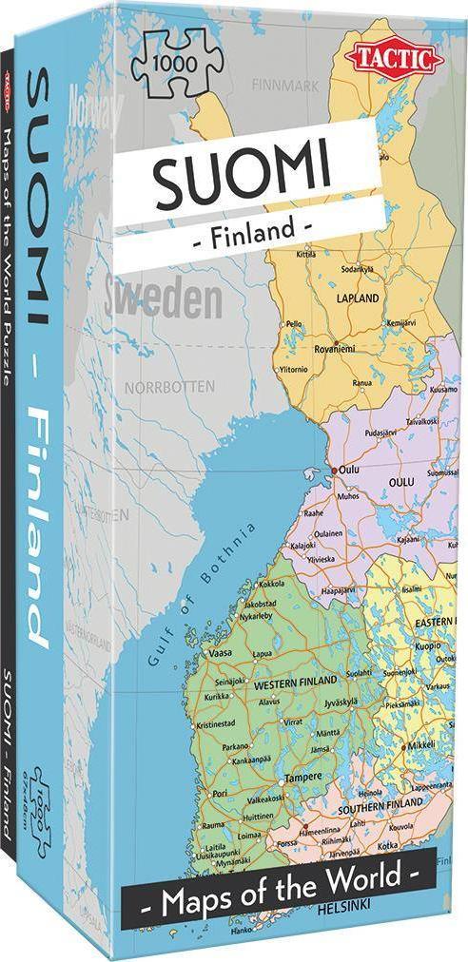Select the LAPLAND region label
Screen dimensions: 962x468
(x=357, y=297)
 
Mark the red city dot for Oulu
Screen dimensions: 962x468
(x=332, y=470)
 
